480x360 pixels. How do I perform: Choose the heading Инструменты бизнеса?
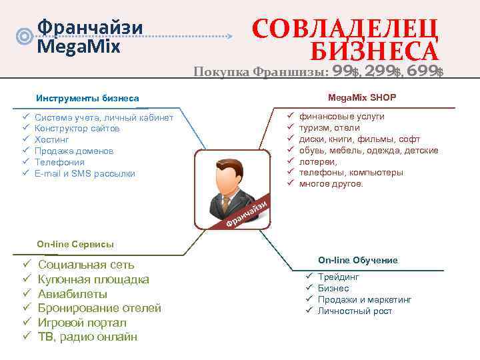tap(87, 98)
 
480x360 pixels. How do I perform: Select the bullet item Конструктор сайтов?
tap(77, 129)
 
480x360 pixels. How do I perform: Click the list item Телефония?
tap(59, 162)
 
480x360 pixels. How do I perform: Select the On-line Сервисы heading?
tap(75, 245)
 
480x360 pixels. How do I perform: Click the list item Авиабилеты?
tap(72, 294)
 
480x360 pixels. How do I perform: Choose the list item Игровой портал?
tap(81, 323)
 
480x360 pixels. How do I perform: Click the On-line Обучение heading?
tap(357, 260)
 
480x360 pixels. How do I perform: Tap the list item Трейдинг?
tap(339, 277)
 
